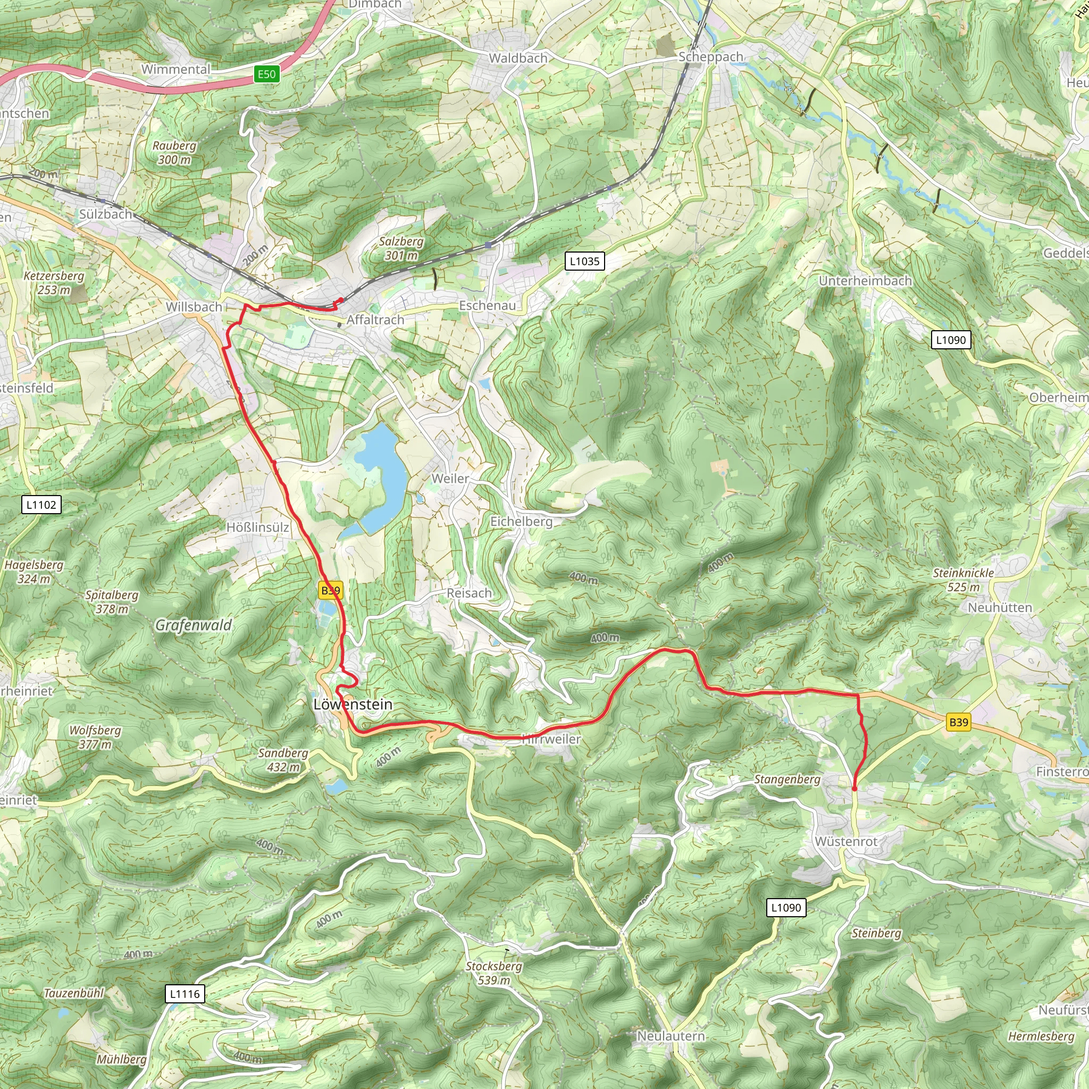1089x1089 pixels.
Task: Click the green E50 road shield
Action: point(266,74)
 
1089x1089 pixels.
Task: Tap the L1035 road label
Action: point(584,261)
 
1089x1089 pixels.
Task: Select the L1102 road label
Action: point(41,505)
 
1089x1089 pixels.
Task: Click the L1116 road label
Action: point(185,994)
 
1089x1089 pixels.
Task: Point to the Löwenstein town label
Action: point(353,705)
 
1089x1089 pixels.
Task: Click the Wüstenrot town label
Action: point(846,842)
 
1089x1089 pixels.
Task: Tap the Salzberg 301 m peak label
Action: point(401,248)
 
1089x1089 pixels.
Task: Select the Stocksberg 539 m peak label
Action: point(494,973)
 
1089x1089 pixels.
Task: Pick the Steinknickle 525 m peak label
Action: point(964,580)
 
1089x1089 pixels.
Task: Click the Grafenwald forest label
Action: point(194,625)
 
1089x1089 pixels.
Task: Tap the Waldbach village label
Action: point(518,58)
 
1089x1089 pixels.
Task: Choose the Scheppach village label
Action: point(711,57)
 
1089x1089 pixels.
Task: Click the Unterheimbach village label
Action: point(865,281)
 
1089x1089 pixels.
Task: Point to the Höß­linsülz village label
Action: point(257,527)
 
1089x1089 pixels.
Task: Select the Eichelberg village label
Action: point(522,522)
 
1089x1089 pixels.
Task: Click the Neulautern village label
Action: point(671,1036)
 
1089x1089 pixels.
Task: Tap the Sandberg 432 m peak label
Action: point(283,760)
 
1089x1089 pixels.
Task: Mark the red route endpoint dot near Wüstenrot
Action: point(855,789)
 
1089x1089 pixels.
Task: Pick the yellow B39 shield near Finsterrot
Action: point(958,723)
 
